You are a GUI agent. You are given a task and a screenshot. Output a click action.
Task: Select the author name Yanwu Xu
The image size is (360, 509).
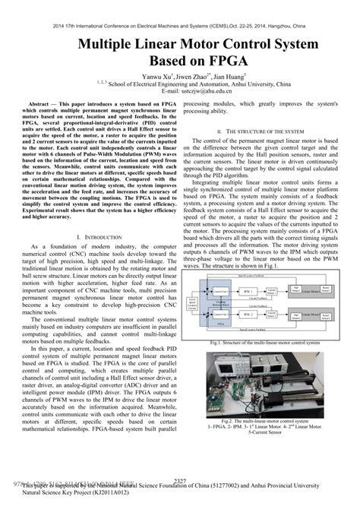[x=159, y=77]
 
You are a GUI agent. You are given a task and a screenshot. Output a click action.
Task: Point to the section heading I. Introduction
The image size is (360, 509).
[x=90, y=237]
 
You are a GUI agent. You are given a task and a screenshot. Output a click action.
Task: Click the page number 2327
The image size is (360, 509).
[x=180, y=481]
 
